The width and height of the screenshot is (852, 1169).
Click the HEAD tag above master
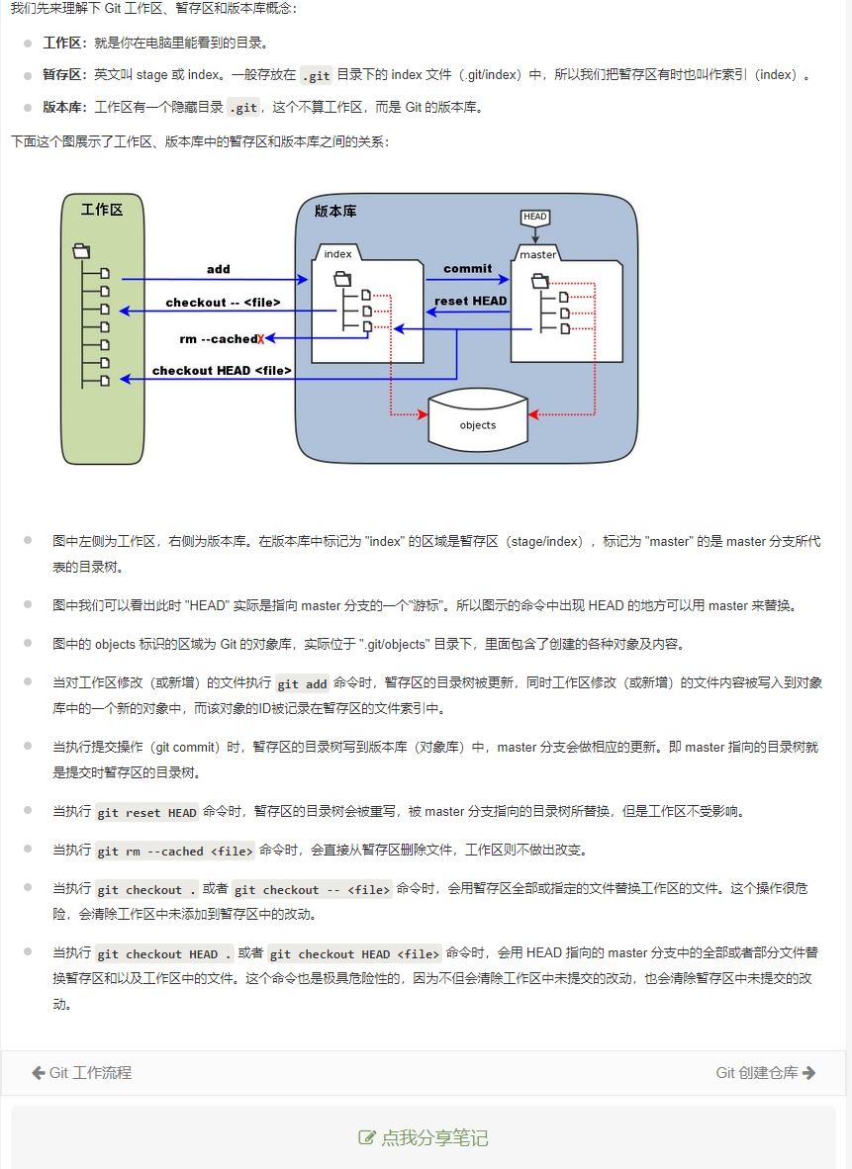tap(534, 217)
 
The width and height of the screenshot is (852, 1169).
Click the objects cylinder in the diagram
tap(478, 425)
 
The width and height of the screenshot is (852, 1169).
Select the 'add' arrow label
tap(218, 269)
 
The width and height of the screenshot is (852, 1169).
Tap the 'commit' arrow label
tap(467, 268)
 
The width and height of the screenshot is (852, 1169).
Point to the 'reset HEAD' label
tap(471, 301)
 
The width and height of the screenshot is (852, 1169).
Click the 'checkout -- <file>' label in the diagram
tap(223, 303)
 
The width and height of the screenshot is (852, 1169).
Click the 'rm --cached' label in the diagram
tap(218, 339)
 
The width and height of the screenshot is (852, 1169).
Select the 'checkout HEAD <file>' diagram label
tap(222, 371)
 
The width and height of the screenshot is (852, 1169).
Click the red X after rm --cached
tap(261, 339)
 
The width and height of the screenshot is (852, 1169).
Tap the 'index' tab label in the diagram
tap(337, 254)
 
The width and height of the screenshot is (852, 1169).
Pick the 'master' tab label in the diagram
tap(538, 254)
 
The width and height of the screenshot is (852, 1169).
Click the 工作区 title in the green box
tap(102, 210)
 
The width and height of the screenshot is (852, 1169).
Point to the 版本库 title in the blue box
tap(335, 211)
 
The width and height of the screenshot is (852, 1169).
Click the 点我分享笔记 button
tap(424, 1137)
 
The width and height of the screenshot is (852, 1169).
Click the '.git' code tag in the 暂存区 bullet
tap(316, 75)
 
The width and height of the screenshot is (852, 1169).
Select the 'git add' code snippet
tap(302, 683)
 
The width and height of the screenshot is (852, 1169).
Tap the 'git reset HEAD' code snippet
tap(147, 813)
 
